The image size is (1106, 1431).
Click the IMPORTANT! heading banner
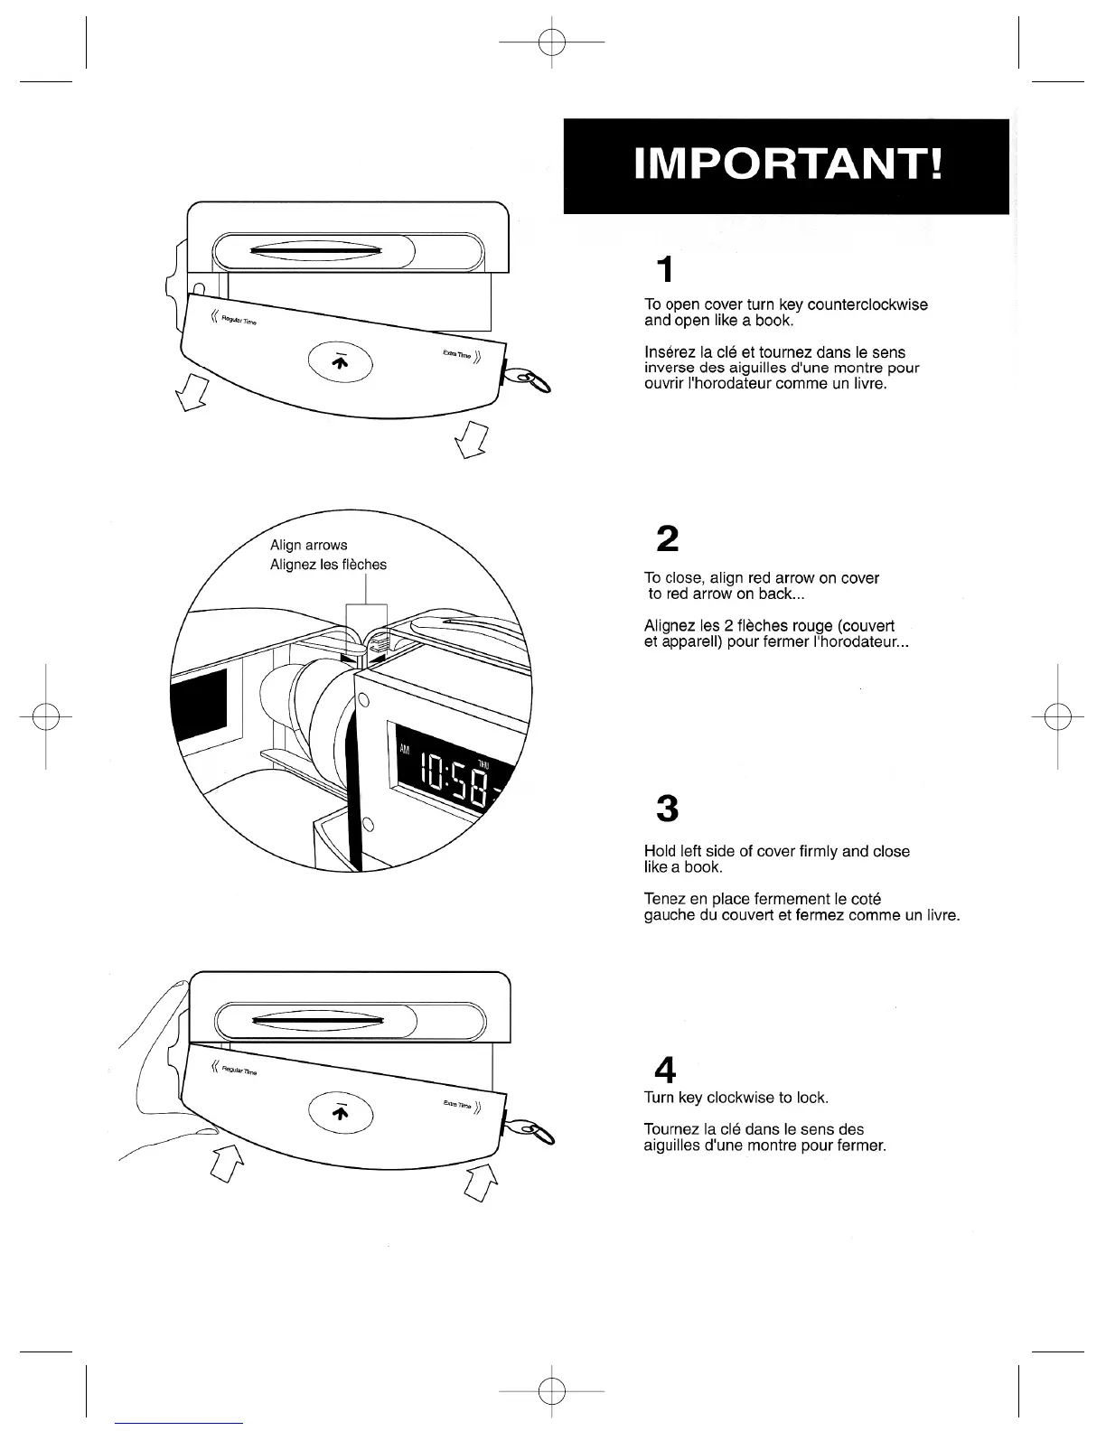click(x=786, y=166)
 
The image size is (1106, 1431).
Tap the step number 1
click(x=665, y=270)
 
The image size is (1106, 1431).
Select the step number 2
click(x=667, y=539)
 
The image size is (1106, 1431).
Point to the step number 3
click(x=667, y=809)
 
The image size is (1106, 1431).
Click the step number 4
click(x=666, y=1071)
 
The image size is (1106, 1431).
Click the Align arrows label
click(x=308, y=546)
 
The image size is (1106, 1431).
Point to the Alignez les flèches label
click(x=328, y=566)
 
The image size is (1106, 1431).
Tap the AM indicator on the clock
click(x=404, y=749)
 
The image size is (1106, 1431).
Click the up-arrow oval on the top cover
click(x=340, y=361)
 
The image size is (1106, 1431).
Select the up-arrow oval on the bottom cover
click(x=340, y=1112)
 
